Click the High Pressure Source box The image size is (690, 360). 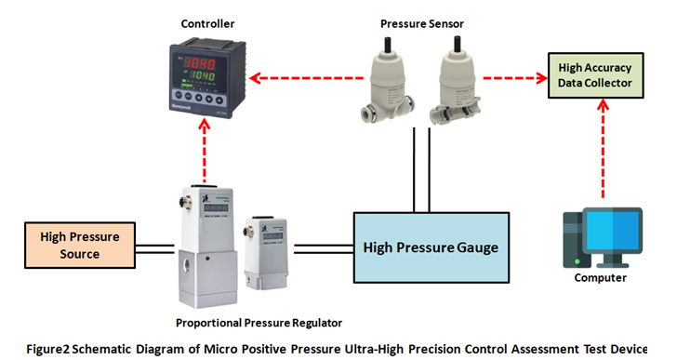[x=71, y=245]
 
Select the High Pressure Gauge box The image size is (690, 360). [x=431, y=247]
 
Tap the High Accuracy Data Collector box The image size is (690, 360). [x=595, y=75]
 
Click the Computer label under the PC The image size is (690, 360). [x=601, y=277]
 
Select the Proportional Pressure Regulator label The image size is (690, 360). [x=259, y=323]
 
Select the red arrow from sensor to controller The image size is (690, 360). [x=298, y=77]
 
